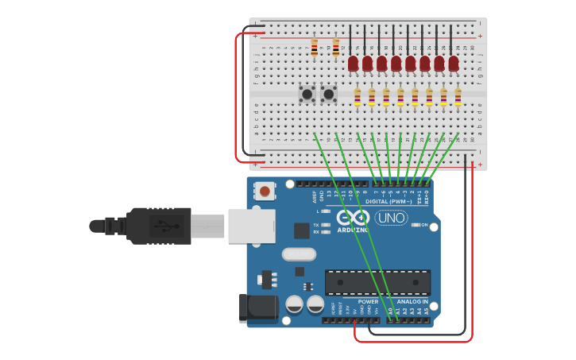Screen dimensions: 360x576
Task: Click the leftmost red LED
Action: pos(353,63)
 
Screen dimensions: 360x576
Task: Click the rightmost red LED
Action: pos(453,63)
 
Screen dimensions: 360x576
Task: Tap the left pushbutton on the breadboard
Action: pos(307,95)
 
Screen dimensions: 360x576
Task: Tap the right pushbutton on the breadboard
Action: pos(328,95)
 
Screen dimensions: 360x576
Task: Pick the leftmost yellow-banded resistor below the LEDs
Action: pos(358,97)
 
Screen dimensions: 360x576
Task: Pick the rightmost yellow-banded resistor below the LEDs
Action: pos(458,97)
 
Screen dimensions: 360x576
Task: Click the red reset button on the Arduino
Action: pos(265,191)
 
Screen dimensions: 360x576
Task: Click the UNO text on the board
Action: pos(391,218)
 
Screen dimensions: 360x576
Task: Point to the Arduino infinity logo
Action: pos(352,217)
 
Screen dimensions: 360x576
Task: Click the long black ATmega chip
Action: pos(377,282)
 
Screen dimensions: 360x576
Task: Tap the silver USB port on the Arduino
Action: pos(251,226)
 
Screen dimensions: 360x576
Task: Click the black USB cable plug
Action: pos(159,226)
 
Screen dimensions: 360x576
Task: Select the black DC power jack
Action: pos(258,308)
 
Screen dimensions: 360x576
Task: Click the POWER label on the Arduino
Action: pos(368,301)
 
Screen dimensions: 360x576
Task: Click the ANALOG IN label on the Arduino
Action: pos(412,301)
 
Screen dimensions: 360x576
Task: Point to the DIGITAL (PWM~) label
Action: pos(389,201)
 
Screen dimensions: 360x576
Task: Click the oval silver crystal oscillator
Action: pos(299,254)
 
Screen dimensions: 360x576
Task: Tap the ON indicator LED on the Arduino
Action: pos(416,225)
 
